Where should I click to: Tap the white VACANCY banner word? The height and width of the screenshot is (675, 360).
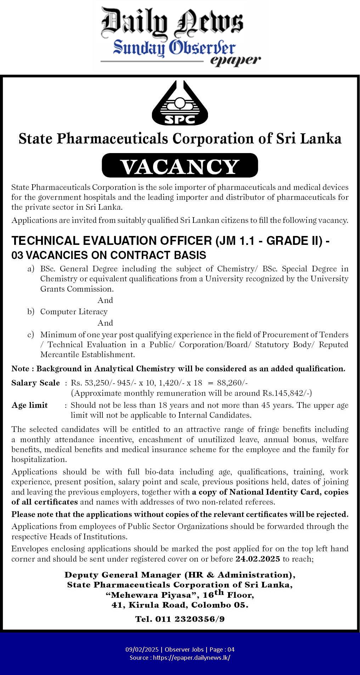(x=180, y=166)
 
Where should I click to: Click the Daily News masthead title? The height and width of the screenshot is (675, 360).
(x=172, y=24)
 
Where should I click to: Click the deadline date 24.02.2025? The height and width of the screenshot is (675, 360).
(x=258, y=559)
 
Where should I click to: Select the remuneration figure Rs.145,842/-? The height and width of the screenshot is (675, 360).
(x=287, y=393)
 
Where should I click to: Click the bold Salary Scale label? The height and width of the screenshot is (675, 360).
(x=35, y=383)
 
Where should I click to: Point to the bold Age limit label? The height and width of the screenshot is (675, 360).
(x=29, y=405)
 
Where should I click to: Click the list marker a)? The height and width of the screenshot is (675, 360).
(x=31, y=269)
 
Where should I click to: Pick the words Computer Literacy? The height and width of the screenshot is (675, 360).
(x=74, y=311)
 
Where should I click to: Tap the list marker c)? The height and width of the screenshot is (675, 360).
(x=31, y=334)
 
